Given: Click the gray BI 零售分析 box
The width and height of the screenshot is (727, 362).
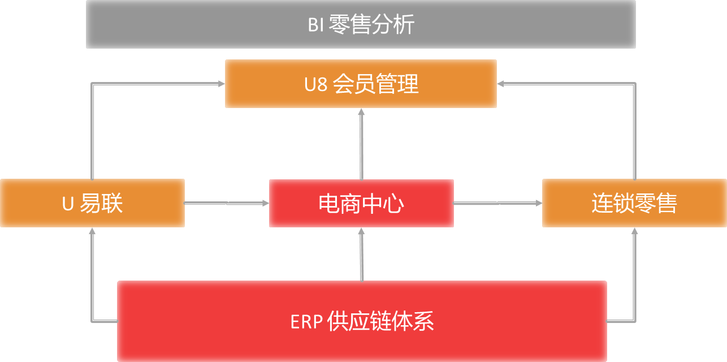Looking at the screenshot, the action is coord(361,24).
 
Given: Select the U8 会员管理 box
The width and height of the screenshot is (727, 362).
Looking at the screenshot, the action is coord(361,84).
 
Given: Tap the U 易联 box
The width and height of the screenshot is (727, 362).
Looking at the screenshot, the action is coord(93,203).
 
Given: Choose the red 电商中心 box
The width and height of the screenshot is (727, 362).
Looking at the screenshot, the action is coord(361,203).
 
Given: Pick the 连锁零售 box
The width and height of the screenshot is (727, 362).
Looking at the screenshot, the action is coord(634,203).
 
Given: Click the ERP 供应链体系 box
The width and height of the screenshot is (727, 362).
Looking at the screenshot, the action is coord(362,321).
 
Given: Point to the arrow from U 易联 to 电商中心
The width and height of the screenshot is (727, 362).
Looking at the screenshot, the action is coord(227,203).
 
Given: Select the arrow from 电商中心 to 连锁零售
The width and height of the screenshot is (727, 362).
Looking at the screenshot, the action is coord(498,203).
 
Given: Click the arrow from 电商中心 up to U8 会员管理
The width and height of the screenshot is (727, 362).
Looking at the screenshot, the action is coord(362,144).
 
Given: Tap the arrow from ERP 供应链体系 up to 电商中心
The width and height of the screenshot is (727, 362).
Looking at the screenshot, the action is coord(362,255).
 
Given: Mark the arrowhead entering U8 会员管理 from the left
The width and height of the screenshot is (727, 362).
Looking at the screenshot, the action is coord(222,84).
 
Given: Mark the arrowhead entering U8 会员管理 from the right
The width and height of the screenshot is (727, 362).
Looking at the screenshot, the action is coord(500,84).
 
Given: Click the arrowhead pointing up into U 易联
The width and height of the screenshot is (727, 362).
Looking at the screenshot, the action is coord(92,231).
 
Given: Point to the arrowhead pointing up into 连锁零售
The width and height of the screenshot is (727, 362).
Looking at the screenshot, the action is coord(634,231).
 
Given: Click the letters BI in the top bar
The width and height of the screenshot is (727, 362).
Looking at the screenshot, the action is coord(316,25).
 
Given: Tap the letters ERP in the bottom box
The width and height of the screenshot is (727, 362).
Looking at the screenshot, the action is coord(306,322).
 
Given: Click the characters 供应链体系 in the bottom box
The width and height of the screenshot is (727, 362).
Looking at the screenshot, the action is coord(380,321).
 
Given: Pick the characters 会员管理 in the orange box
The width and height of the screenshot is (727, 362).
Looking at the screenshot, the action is coord(376,84).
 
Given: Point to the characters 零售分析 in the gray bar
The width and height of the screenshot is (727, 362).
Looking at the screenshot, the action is coord(371,24).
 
